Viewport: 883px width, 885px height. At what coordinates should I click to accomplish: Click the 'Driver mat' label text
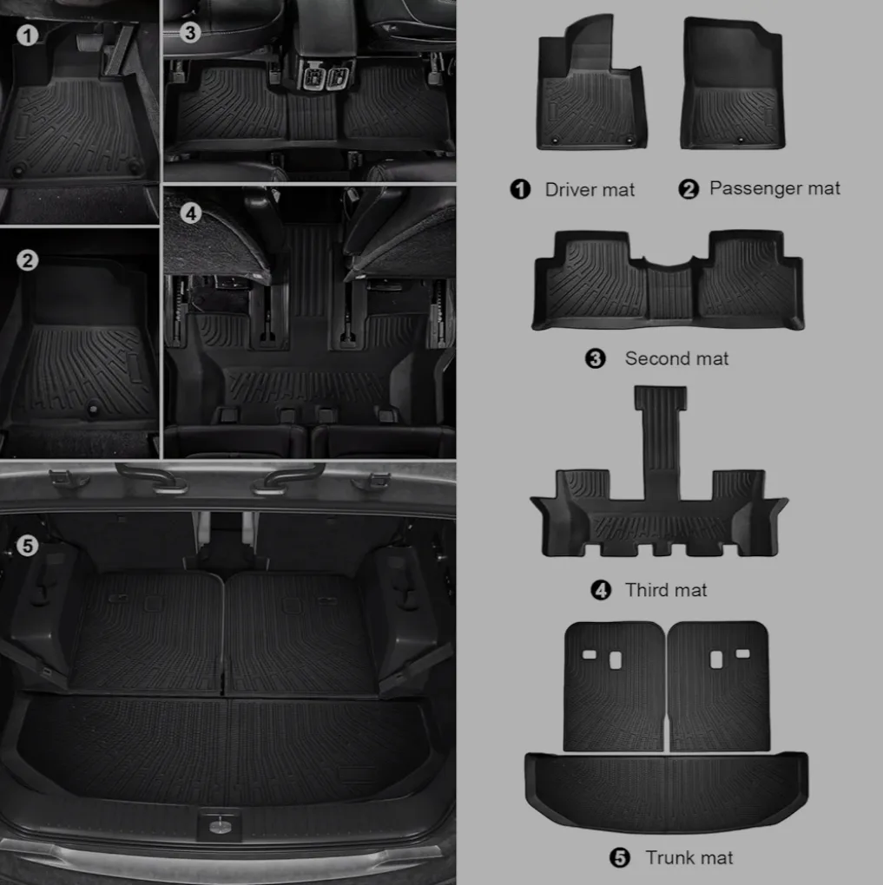point(590,189)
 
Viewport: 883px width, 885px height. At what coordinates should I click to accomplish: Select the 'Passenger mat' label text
point(774,187)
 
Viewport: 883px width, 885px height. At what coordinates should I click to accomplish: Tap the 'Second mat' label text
point(676,358)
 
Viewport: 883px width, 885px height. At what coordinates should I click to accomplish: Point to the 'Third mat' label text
point(666,590)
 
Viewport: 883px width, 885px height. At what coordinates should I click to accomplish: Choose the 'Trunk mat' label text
point(689,857)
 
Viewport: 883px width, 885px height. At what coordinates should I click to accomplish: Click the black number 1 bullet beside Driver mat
point(520,189)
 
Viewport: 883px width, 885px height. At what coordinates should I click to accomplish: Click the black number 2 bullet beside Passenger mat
point(689,188)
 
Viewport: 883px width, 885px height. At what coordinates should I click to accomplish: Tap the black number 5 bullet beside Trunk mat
point(619,858)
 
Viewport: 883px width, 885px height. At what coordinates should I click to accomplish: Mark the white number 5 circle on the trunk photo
point(28,545)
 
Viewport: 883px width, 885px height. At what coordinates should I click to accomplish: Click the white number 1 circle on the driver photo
point(28,36)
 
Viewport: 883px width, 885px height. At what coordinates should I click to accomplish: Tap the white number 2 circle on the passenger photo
point(28,259)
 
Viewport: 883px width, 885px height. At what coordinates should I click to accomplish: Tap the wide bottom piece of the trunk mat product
point(666,791)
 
